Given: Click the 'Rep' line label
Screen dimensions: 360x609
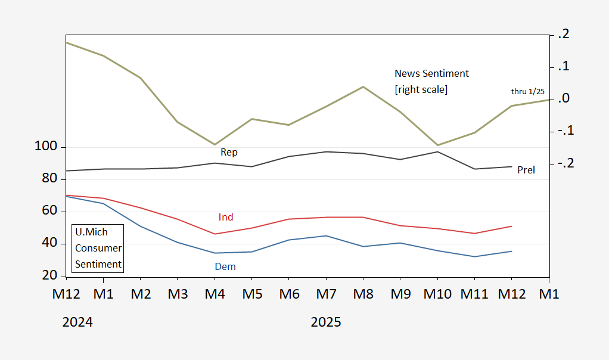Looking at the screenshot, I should click(229, 153).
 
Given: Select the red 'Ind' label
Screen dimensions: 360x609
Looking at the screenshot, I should click(226, 218).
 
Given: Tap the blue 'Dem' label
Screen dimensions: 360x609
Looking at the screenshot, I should click(225, 267).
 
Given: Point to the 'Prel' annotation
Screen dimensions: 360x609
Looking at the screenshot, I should click(526, 170).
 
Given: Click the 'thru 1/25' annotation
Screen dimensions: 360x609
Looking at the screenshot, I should click(528, 91).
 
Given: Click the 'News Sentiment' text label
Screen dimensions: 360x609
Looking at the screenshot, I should click(431, 74).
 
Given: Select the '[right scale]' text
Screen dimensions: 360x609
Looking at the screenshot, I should click(421, 89).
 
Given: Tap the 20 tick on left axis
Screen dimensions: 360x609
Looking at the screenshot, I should click(50, 275).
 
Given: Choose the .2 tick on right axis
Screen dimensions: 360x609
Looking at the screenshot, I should click(563, 35).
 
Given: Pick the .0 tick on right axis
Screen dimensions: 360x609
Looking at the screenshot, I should click(563, 99).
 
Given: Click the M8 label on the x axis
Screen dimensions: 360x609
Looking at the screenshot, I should click(362, 294).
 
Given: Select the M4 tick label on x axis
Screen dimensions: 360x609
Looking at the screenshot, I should click(214, 294).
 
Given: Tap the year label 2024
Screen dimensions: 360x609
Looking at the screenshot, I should click(77, 322).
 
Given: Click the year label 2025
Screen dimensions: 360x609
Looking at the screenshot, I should click(326, 322).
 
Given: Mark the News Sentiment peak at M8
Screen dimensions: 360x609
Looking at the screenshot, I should click(363, 87).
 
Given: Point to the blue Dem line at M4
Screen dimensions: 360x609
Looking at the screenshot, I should click(215, 253).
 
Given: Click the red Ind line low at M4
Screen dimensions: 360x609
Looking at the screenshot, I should click(215, 234).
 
